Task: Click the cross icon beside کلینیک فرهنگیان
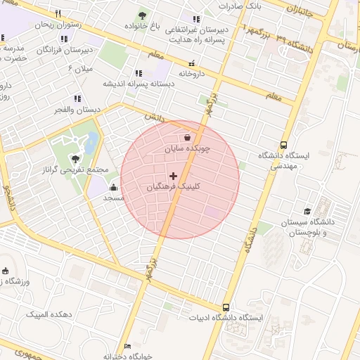(x=174, y=175)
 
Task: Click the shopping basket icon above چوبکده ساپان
(x=188, y=138)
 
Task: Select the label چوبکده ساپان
(x=188, y=149)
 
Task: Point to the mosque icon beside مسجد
(x=113, y=187)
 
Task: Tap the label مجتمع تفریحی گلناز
(x=75, y=170)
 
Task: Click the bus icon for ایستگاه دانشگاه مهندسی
(x=283, y=144)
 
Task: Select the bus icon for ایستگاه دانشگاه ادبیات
(x=226, y=307)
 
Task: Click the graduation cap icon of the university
(x=307, y=211)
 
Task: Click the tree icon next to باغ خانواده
(x=143, y=15)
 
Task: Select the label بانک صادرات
(x=240, y=5)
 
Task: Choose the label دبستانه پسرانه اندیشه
(x=139, y=84)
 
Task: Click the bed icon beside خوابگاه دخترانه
(x=127, y=346)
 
